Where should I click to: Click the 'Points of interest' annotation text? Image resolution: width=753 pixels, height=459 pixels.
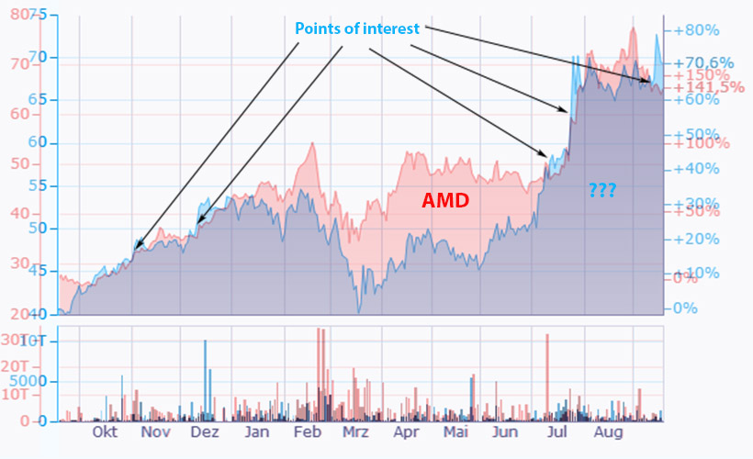(x=357, y=28)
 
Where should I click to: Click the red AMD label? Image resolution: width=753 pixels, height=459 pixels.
(x=445, y=200)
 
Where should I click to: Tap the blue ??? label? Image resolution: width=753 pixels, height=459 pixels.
(x=602, y=190)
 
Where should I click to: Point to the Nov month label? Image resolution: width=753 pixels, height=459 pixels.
(x=156, y=431)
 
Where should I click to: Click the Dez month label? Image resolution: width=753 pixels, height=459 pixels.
(x=206, y=431)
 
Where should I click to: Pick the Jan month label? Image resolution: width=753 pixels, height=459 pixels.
(x=257, y=431)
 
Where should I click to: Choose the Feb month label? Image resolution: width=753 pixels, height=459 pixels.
(x=307, y=431)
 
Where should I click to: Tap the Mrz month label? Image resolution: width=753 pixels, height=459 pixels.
(x=354, y=431)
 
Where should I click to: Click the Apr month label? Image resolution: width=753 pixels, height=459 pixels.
(x=406, y=431)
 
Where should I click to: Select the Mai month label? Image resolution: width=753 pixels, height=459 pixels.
(x=455, y=431)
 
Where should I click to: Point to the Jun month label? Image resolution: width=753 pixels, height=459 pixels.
(x=505, y=431)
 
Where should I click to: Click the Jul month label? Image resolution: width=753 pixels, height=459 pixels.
(x=556, y=431)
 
